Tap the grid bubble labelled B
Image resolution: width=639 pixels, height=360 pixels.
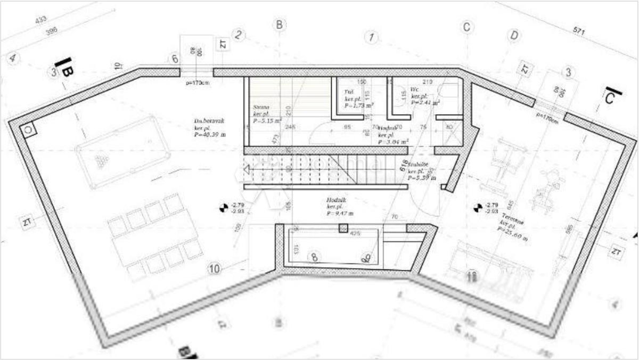pyautogui.click(x=278, y=24)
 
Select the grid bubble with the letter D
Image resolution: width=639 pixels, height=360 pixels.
pyautogui.click(x=514, y=36)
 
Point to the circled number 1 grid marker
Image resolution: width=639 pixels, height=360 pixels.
pyautogui.click(x=371, y=37)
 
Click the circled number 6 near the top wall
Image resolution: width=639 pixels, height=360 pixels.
pyautogui.click(x=174, y=59)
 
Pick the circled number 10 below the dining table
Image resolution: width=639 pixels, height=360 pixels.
pyautogui.click(x=214, y=269)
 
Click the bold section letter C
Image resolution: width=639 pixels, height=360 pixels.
pyautogui.click(x=611, y=98)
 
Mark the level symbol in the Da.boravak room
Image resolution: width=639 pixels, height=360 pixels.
pyautogui.click(x=224, y=208)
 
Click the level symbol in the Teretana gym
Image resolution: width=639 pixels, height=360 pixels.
pyautogui.click(x=477, y=208)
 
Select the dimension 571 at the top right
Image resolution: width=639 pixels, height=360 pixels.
pyautogui.click(x=578, y=32)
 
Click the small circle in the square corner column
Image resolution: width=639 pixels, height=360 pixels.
pyautogui.click(x=29, y=129)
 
